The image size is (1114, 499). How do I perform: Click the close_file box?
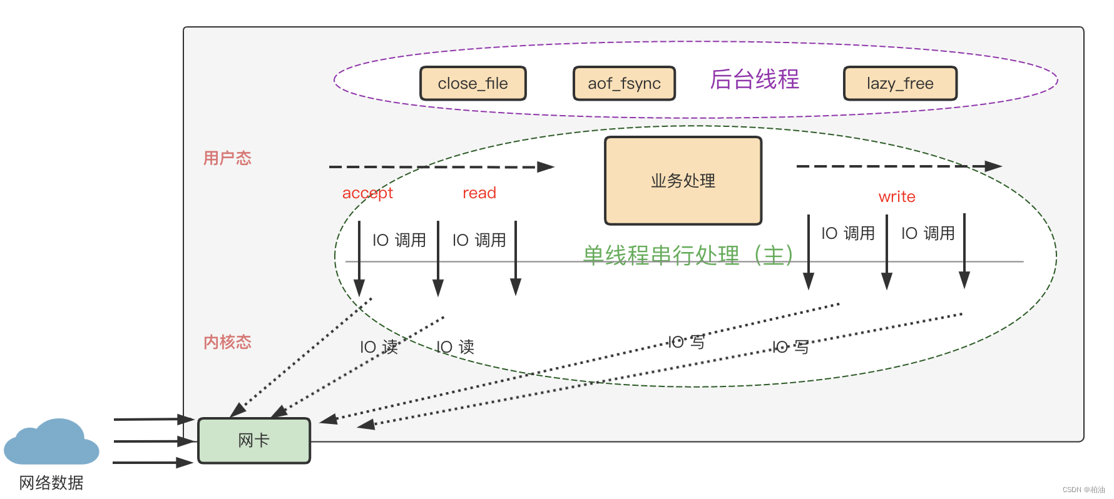[473, 83]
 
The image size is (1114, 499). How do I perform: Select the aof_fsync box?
[624, 83]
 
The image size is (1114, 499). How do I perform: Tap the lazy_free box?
[900, 83]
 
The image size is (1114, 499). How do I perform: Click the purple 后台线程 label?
[754, 79]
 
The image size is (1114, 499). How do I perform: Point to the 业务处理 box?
[683, 181]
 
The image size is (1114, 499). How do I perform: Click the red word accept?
[367, 193]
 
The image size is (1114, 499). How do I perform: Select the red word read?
[479, 193]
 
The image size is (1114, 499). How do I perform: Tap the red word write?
[897, 196]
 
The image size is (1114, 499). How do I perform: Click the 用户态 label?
[227, 158]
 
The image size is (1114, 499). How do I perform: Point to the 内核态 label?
[227, 342]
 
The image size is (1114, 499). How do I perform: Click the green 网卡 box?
[254, 440]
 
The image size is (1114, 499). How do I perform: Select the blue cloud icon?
[51, 443]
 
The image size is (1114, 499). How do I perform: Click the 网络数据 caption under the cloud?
[51, 482]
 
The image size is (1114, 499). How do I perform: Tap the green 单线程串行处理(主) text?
[688, 255]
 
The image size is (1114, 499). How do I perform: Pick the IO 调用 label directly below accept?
[399, 240]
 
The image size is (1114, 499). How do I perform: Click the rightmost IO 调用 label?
[928, 233]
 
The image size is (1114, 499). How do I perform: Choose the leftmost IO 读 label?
[379, 347]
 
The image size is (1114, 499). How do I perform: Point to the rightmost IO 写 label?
[790, 347]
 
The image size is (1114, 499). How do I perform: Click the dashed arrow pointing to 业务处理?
[441, 167]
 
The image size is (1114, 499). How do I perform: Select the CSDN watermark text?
[1083, 490]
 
